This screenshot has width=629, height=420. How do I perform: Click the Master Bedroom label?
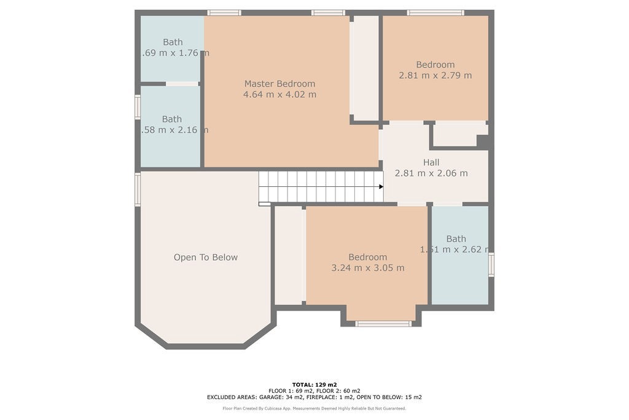click(x=279, y=84)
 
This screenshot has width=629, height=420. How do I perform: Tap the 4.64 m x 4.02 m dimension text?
click(x=279, y=95)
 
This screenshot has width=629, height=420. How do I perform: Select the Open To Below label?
click(x=205, y=257)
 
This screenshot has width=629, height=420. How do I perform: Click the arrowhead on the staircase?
click(x=381, y=186)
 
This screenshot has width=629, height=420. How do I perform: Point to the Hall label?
click(x=431, y=162)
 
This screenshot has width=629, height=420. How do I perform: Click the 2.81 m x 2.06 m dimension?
click(x=431, y=173)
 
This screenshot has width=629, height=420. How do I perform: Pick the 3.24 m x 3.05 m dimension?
click(x=367, y=268)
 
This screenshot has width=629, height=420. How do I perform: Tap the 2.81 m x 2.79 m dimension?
click(x=436, y=76)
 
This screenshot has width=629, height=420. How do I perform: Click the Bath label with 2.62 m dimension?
click(x=456, y=239)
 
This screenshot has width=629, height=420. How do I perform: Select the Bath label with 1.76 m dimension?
click(x=173, y=42)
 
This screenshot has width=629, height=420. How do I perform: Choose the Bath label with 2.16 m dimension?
click(x=172, y=119)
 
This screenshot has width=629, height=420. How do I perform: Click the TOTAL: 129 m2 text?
click(x=314, y=384)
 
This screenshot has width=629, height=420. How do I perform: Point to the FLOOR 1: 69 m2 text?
click(x=291, y=391)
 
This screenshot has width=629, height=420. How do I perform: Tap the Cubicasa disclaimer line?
click(x=314, y=408)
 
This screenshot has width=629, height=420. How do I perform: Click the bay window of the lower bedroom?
click(x=384, y=323)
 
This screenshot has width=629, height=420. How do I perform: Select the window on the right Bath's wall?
click(x=491, y=265)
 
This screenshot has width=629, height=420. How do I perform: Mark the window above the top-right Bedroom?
click(x=436, y=12)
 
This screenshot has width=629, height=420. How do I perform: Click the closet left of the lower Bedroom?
click(x=289, y=255)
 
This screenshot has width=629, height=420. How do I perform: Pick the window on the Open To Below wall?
click(x=138, y=189)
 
